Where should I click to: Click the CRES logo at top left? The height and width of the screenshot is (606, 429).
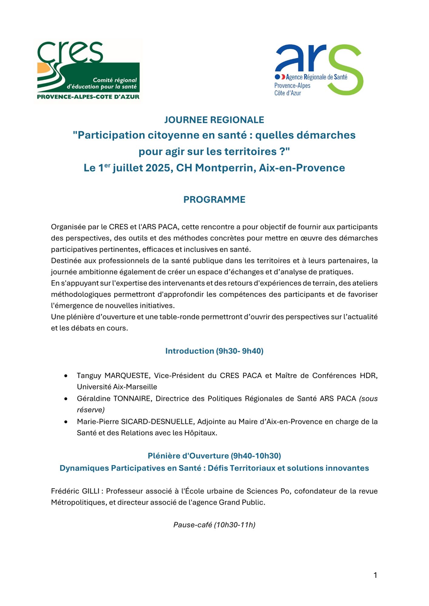(x=88, y=71)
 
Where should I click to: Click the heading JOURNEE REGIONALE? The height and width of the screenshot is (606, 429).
(x=214, y=120)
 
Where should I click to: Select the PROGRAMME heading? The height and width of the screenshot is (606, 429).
(x=214, y=200)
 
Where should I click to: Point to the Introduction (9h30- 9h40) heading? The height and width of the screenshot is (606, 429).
(x=214, y=351)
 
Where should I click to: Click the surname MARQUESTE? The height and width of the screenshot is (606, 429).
(x=127, y=376)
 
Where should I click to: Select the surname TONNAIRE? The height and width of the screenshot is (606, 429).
(x=132, y=399)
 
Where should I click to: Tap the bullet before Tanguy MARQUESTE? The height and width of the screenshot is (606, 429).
(x=66, y=376)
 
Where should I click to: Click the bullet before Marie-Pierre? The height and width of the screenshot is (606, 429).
(x=66, y=422)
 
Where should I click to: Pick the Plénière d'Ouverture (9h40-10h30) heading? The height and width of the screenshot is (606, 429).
(x=214, y=456)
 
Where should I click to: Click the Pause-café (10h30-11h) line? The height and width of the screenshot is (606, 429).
(x=214, y=525)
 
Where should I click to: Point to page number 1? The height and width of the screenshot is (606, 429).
(x=375, y=575)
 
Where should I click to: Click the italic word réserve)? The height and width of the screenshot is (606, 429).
(x=91, y=410)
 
